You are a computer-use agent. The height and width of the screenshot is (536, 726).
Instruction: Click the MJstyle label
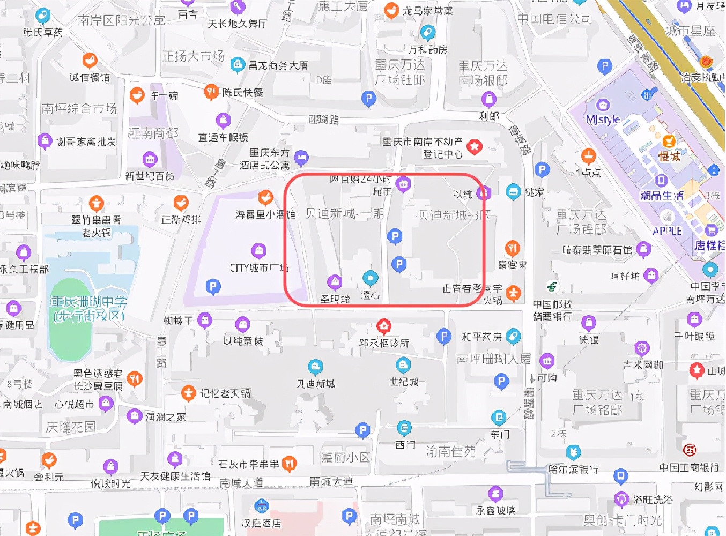coord(603,119)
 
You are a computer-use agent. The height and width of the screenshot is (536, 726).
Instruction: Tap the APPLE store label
coord(667,231)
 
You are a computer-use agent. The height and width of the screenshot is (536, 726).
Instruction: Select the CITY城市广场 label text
coord(259,267)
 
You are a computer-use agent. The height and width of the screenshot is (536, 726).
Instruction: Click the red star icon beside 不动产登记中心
coord(474,146)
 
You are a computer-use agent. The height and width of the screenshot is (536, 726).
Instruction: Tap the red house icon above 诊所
coord(383,325)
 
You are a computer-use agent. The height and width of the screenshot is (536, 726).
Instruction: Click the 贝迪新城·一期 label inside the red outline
coord(345,213)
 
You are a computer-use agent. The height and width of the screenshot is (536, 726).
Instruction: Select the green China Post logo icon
coord(552,287)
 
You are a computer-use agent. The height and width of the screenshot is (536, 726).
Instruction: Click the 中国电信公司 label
coord(554,19)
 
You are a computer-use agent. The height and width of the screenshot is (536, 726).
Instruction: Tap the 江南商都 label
coord(153,132)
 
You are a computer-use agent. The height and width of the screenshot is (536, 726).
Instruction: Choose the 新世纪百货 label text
coord(150,175)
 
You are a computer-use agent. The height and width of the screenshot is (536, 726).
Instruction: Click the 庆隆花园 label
coord(71,427)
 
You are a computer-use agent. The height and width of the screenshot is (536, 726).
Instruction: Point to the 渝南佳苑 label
coord(451,451)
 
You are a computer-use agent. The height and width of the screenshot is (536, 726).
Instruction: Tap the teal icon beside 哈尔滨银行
coord(573,452)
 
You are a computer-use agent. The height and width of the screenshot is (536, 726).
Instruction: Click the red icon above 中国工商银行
coord(690,449)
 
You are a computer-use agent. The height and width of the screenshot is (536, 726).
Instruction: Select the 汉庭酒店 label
coord(261,522)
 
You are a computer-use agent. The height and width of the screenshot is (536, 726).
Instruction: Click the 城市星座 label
coord(690,31)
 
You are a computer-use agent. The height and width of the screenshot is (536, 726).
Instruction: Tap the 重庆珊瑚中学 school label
coord(88,308)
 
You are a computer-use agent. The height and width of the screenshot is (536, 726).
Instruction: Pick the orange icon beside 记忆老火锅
coord(188,393)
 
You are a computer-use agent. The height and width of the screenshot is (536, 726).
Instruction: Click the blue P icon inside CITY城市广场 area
coord(213,286)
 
